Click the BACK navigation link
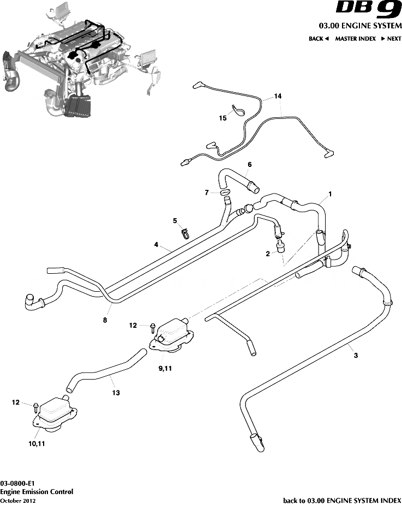coord(319,39)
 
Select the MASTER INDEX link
coord(355,39)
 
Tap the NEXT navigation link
coord(391,39)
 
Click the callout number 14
coord(278,97)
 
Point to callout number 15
coord(222,118)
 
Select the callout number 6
coord(249,164)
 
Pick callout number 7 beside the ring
coord(207,193)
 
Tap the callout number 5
coord(175,221)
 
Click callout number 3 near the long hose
coord(356,356)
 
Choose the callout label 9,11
coord(165,369)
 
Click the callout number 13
coord(116,392)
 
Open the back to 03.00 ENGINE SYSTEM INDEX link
coord(343,500)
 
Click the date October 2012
coord(18,500)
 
